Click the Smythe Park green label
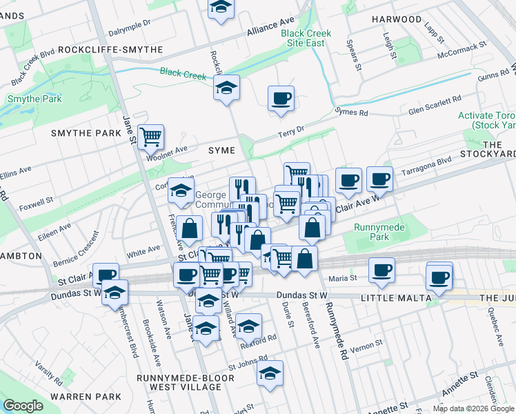point(34,99)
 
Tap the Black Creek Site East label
point(306,38)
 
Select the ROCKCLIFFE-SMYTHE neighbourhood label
point(110,50)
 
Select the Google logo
point(23,406)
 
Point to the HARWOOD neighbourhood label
point(396,19)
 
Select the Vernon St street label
point(365,345)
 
